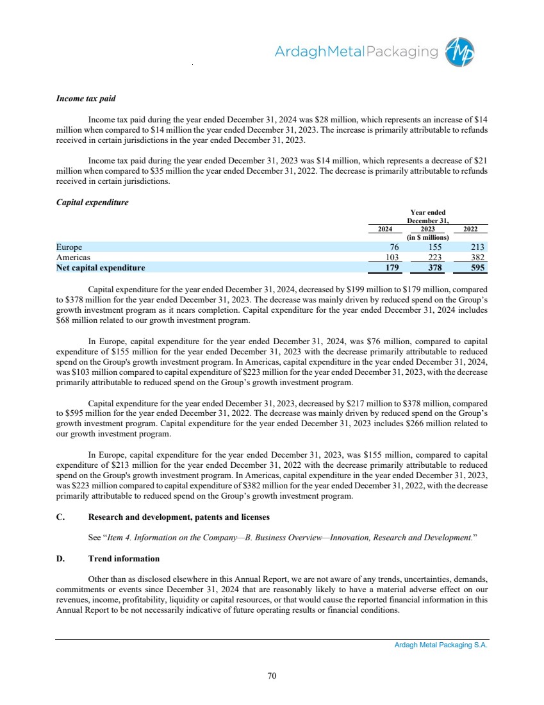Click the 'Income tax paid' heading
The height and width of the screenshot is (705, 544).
[x=87, y=99]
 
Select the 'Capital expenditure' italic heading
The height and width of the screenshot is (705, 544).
[x=92, y=203]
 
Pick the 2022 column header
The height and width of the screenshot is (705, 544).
[x=470, y=229]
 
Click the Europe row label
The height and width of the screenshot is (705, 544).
[x=69, y=247]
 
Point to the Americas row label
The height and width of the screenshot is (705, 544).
[x=73, y=257]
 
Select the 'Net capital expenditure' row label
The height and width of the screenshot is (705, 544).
[x=101, y=268]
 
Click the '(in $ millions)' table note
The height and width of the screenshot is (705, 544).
[x=428, y=238]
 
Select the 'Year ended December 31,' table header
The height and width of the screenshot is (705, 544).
[x=428, y=217]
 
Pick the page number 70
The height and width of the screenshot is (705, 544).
[x=272, y=674]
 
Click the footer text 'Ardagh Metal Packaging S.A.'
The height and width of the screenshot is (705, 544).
[x=441, y=645]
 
